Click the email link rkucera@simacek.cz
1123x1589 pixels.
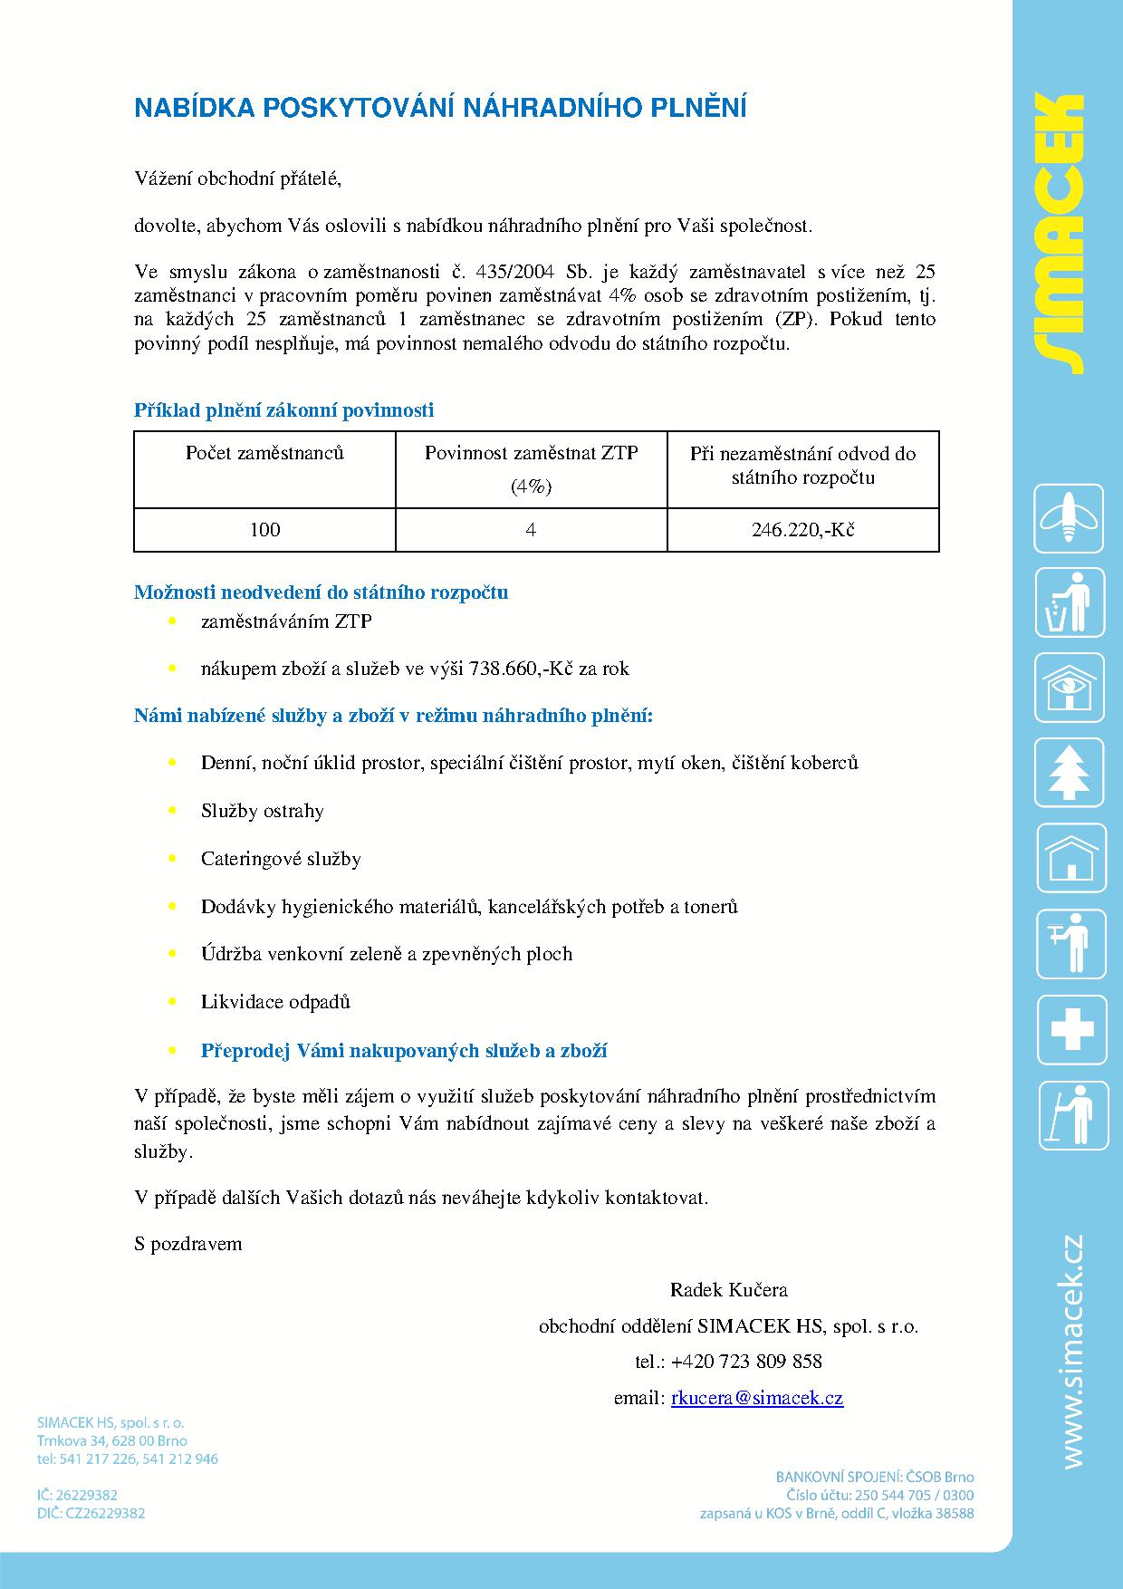(x=757, y=1398)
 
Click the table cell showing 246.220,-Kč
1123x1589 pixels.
(x=802, y=530)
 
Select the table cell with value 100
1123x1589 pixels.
(x=264, y=530)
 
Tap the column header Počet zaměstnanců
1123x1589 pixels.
(x=264, y=453)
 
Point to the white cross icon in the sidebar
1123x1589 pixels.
(x=1070, y=1029)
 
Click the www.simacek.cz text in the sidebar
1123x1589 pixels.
(x=1073, y=1351)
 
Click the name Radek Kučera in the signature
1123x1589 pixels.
(x=728, y=1289)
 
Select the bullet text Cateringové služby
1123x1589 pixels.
(x=281, y=859)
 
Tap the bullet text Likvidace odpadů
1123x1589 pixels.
(x=275, y=1002)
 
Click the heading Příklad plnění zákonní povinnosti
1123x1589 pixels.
(x=283, y=410)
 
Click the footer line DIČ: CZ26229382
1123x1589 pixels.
(x=91, y=1513)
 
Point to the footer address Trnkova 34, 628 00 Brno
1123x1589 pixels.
(x=111, y=1440)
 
